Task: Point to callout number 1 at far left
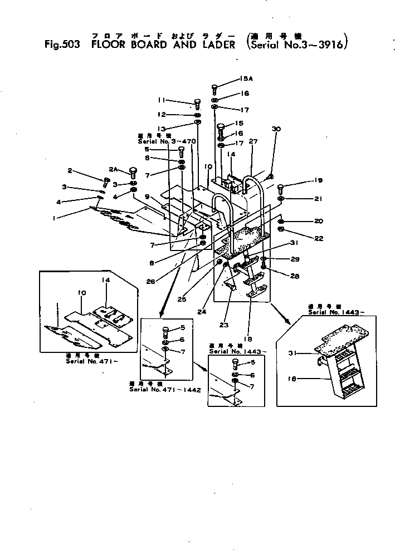coord(54,219)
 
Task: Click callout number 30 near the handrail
coord(275,129)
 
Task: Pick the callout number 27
coord(253,141)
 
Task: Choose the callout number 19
coord(318,180)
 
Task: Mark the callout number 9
coord(149,197)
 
